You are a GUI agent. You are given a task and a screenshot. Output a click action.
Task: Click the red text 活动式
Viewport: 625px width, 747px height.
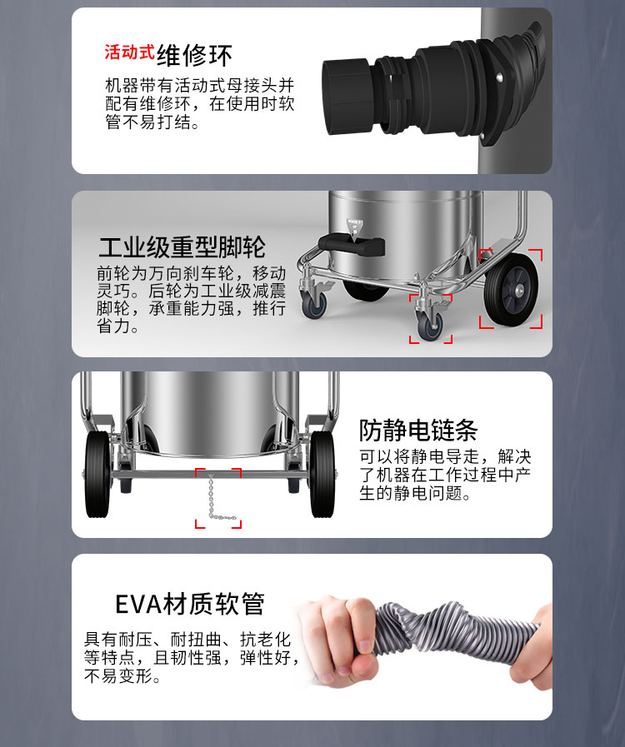tap(129, 52)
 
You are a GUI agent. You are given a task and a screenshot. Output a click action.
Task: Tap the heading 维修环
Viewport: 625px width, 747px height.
tap(194, 55)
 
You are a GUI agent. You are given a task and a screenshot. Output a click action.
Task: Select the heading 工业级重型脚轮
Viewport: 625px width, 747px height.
tap(182, 247)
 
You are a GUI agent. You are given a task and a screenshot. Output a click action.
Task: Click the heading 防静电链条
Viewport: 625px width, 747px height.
tap(418, 431)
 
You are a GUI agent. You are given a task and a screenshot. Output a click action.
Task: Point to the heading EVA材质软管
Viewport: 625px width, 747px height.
tap(190, 604)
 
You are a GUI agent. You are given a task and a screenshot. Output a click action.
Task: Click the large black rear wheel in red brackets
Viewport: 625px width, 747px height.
tap(511, 290)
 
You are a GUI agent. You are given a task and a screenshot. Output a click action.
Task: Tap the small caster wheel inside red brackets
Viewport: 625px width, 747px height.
tap(430, 324)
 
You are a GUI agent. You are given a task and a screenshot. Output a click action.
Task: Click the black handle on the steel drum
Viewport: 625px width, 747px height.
tap(352, 245)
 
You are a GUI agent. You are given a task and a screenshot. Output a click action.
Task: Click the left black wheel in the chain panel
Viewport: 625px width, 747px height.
tap(97, 475)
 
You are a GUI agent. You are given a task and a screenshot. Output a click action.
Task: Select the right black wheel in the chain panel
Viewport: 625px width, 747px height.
tap(322, 475)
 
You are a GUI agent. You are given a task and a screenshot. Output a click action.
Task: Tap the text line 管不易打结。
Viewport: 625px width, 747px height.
tap(152, 122)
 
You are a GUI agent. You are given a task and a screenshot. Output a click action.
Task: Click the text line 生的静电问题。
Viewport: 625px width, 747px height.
tap(415, 493)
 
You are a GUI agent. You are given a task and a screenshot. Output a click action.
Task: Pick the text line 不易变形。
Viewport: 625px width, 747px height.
tap(122, 675)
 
